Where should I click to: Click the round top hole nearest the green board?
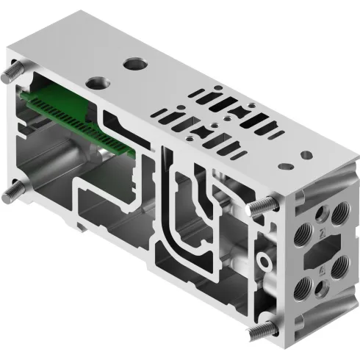tap(96, 79)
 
